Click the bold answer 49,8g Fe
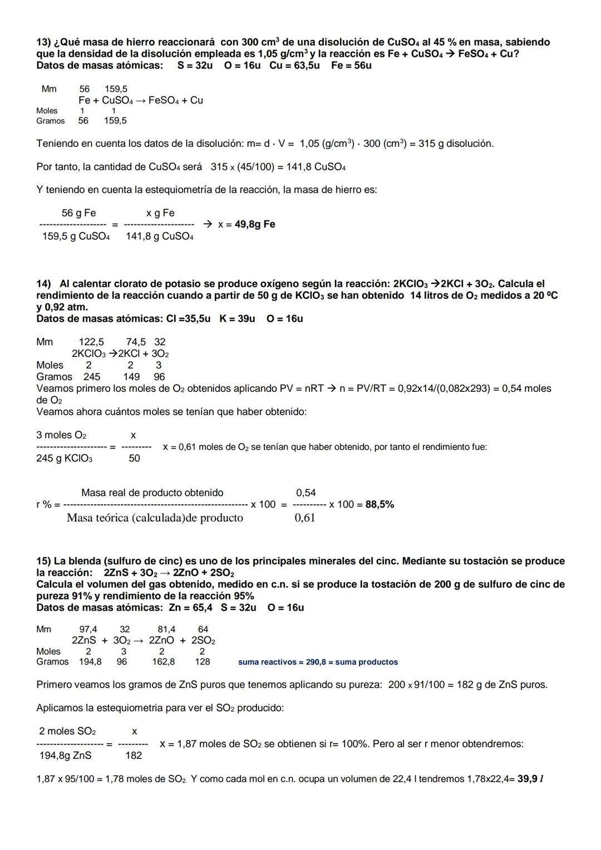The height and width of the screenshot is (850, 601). tap(255, 224)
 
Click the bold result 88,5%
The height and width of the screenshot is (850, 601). tap(380, 504)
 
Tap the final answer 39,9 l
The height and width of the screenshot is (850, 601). tap(530, 779)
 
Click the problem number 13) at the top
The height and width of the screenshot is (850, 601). tap(43, 42)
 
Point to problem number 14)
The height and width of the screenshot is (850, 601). tap(44, 284)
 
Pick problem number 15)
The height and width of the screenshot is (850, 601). tap(43, 561)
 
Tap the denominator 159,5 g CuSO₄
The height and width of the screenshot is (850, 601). tap(76, 237)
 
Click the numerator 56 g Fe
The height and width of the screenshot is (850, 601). tap(78, 213)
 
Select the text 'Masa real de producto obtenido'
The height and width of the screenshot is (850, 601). tap(152, 493)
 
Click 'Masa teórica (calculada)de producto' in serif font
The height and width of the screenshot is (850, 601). tap(155, 518)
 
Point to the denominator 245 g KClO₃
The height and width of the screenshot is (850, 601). tap(65, 459)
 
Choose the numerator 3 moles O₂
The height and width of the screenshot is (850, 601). tap(61, 435)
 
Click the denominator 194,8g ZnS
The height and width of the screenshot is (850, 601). tap(65, 755)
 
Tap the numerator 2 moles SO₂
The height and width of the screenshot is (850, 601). tap(67, 731)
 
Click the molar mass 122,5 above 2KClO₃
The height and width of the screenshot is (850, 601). tap(91, 342)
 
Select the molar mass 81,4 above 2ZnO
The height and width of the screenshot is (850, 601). tap(166, 630)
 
